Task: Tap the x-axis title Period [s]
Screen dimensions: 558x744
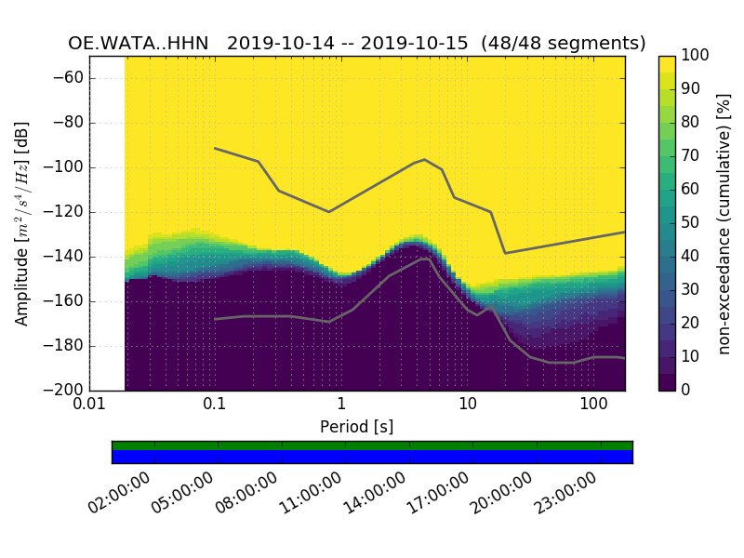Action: [x=356, y=427]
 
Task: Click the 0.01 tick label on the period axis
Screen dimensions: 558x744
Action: [x=89, y=405]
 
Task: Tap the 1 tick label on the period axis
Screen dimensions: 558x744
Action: [x=341, y=405]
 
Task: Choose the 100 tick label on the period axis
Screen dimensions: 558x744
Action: [x=593, y=405]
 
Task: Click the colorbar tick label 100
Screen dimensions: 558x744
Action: [x=696, y=56]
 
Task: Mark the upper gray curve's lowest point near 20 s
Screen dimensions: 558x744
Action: [x=505, y=253]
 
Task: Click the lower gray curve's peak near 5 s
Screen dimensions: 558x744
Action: [x=426, y=259]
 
